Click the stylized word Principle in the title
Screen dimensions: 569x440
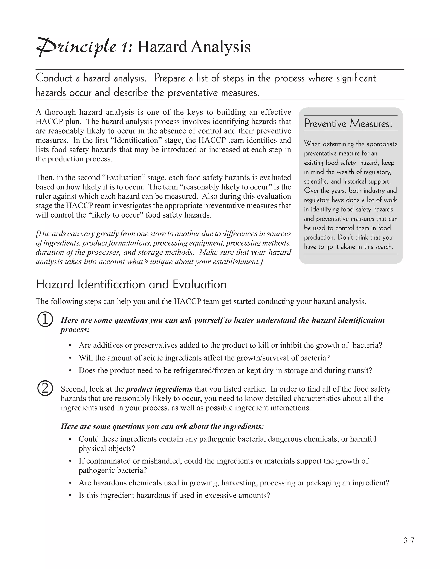pyautogui.click(x=76, y=47)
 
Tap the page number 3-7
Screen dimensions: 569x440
pyautogui.click(x=409, y=541)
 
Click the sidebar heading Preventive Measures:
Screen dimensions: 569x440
pyautogui.click(x=348, y=123)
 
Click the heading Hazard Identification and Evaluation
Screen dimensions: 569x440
pyautogui.click(x=131, y=284)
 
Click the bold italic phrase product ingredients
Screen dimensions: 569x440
pyautogui.click(x=159, y=389)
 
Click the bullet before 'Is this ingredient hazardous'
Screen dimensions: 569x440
pyautogui.click(x=70, y=496)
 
